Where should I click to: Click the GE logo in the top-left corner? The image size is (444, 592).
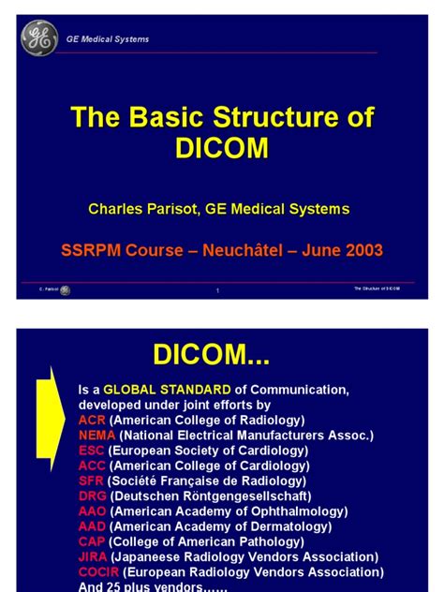point(39,38)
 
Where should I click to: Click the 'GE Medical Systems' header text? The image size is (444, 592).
point(107,39)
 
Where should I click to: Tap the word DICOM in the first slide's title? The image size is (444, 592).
point(222,148)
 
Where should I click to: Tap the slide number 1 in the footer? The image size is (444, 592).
point(217,290)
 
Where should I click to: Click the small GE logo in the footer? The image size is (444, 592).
point(65,290)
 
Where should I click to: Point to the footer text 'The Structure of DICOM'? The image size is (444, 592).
point(377,289)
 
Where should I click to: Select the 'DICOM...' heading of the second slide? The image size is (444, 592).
point(212,354)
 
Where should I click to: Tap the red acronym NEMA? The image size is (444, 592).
point(96,436)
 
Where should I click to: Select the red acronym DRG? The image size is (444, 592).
point(92,496)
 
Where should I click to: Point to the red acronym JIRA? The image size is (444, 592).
point(93,556)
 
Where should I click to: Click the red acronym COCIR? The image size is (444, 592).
point(98,572)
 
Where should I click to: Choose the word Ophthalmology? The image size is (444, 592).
point(300,511)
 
